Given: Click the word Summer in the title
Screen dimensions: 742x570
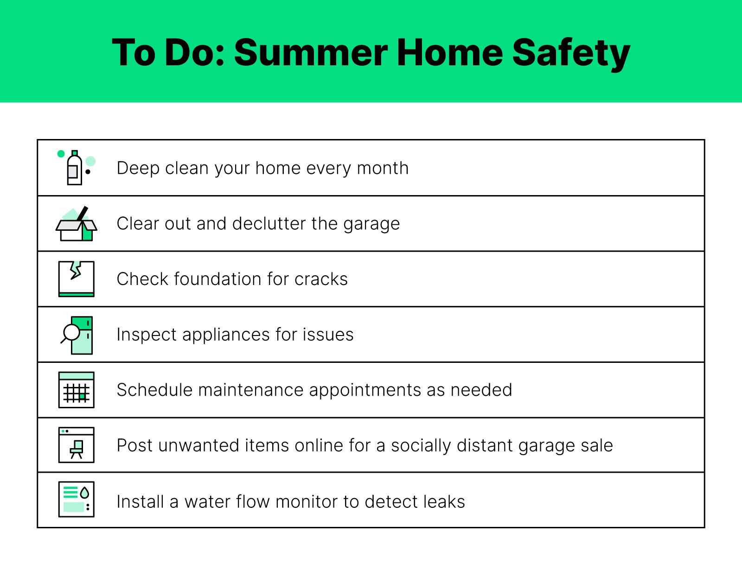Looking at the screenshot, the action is click(311, 52).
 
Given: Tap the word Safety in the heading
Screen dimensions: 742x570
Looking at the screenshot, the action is click(571, 54).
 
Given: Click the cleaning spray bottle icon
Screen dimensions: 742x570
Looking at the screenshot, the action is click(76, 167).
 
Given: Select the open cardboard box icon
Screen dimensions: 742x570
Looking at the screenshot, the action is click(77, 224).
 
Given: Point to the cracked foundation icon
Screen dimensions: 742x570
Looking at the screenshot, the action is click(76, 279).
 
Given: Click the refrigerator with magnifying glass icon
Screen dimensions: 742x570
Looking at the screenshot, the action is click(77, 335).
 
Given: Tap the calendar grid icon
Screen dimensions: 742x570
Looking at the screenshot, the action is click(76, 390).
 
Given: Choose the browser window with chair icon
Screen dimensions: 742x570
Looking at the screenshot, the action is click(76, 445).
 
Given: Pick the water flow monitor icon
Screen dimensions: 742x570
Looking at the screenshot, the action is click(76, 500).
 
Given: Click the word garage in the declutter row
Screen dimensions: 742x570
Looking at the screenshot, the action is click(371, 225).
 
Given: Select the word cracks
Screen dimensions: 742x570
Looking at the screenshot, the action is click(321, 279).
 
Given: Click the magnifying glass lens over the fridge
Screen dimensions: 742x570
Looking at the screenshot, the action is click(72, 332).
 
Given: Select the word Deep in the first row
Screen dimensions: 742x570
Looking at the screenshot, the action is click(138, 169).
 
